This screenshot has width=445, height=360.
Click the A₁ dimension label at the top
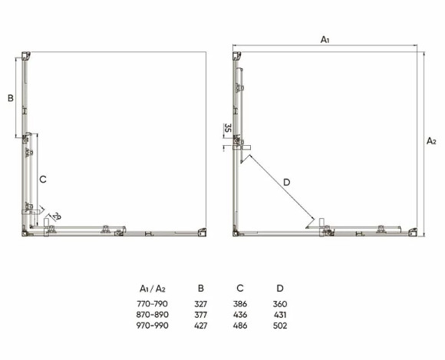[325, 40]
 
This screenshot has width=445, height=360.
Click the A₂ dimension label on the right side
[431, 140]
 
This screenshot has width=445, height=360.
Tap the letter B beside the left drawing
[11, 98]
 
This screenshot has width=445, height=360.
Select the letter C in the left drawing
[43, 180]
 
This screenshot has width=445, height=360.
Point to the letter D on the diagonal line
[287, 182]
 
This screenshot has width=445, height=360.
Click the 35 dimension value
[228, 128]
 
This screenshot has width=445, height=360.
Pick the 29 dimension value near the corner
[57, 216]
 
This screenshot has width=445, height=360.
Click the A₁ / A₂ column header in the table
[153, 289]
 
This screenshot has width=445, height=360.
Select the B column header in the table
[201, 289]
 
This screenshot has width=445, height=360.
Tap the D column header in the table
[280, 289]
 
